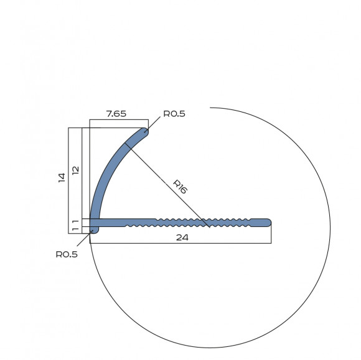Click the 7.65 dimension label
click(x=116, y=114)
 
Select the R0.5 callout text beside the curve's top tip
click(x=174, y=114)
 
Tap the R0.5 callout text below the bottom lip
click(x=67, y=254)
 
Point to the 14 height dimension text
click(x=62, y=178)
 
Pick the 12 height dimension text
click(x=75, y=170)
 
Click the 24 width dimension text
click(x=182, y=238)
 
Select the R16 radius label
click(x=180, y=187)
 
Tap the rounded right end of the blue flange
click(x=268, y=223)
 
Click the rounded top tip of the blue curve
click(x=144, y=131)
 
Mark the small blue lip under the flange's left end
click(x=94, y=230)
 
